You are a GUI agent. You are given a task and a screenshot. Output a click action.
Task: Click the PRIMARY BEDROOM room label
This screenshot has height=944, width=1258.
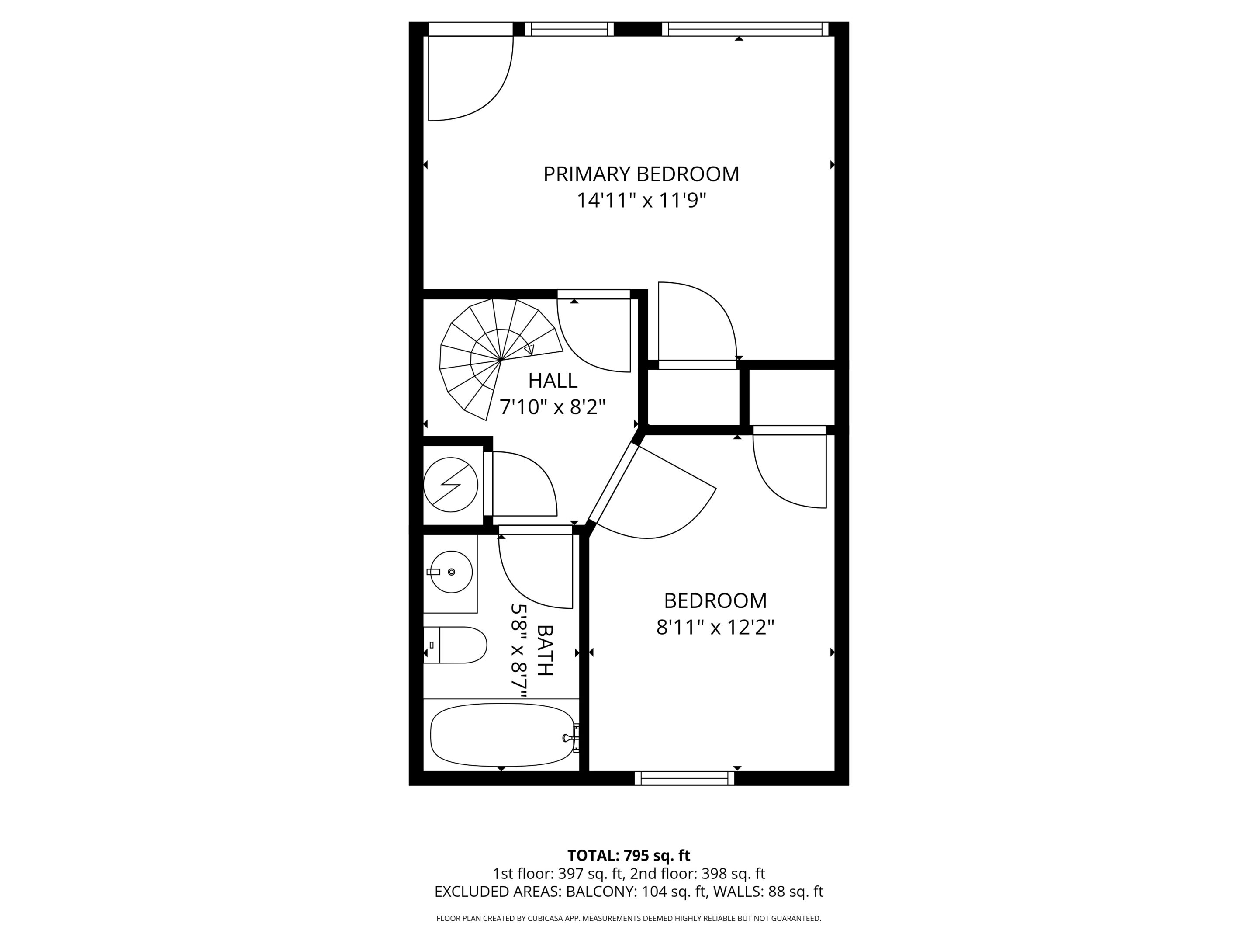click(x=641, y=174)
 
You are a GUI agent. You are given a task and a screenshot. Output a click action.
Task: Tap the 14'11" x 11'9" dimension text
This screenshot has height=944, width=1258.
click(x=641, y=200)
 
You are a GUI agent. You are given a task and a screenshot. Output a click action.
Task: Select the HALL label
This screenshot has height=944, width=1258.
click(x=552, y=380)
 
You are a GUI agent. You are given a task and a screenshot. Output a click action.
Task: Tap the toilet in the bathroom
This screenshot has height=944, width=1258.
click(x=455, y=645)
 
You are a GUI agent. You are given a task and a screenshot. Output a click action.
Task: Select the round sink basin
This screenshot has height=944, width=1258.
click(x=451, y=572)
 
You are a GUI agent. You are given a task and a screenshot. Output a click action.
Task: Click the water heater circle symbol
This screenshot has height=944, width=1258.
click(x=450, y=484)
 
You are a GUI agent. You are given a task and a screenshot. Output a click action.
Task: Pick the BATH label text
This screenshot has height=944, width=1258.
click(x=544, y=650)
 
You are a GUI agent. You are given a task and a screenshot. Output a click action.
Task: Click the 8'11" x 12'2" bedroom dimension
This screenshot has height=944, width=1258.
click(x=715, y=628)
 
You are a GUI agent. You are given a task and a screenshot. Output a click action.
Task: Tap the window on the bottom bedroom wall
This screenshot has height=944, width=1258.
click(x=684, y=778)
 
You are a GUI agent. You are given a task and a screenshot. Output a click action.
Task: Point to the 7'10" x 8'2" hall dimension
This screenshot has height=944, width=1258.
click(x=552, y=407)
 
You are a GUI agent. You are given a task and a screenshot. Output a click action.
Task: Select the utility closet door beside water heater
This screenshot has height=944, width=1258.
click(x=520, y=484)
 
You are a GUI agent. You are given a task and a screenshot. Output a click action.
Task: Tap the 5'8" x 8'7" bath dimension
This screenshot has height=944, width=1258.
click(x=518, y=650)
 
